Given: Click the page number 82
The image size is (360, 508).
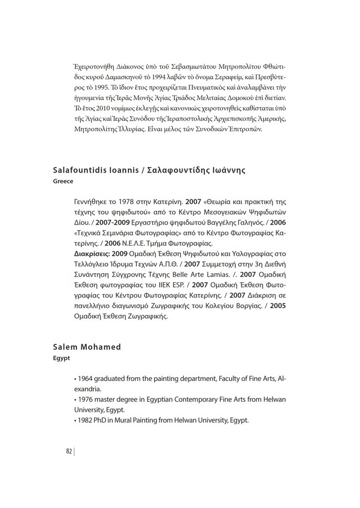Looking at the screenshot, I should (68, 451).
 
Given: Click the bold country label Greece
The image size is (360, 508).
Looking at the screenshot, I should (63, 181).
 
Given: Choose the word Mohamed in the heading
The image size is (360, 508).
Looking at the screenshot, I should (102, 347).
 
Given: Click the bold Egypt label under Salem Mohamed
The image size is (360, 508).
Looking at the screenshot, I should (61, 357).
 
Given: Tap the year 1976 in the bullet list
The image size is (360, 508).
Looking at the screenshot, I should (85, 400).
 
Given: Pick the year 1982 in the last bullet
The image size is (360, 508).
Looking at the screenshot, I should (85, 421).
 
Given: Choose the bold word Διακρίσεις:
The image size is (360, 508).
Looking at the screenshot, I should (92, 254).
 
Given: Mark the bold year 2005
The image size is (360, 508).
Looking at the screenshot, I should (278, 306).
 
